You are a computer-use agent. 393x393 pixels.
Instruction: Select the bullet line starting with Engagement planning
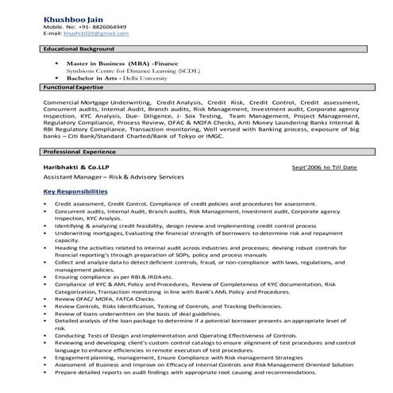(182, 356)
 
